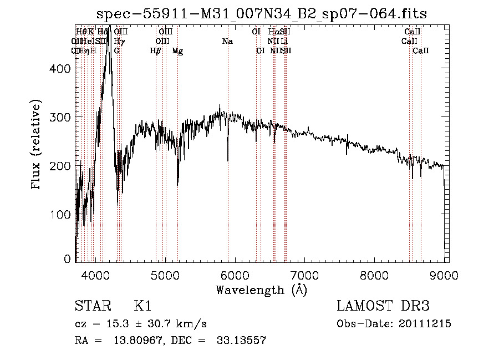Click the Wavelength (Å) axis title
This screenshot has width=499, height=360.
261,290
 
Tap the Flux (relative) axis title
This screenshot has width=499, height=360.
37,145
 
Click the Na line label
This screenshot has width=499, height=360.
227,42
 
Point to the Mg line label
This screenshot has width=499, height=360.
177,51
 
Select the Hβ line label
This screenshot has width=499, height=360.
156,51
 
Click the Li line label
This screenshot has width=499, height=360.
284,42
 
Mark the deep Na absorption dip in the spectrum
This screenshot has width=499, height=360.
228,160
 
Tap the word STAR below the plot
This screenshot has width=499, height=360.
90,306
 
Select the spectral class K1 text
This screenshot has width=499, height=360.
143,306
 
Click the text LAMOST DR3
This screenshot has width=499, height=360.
383,306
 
